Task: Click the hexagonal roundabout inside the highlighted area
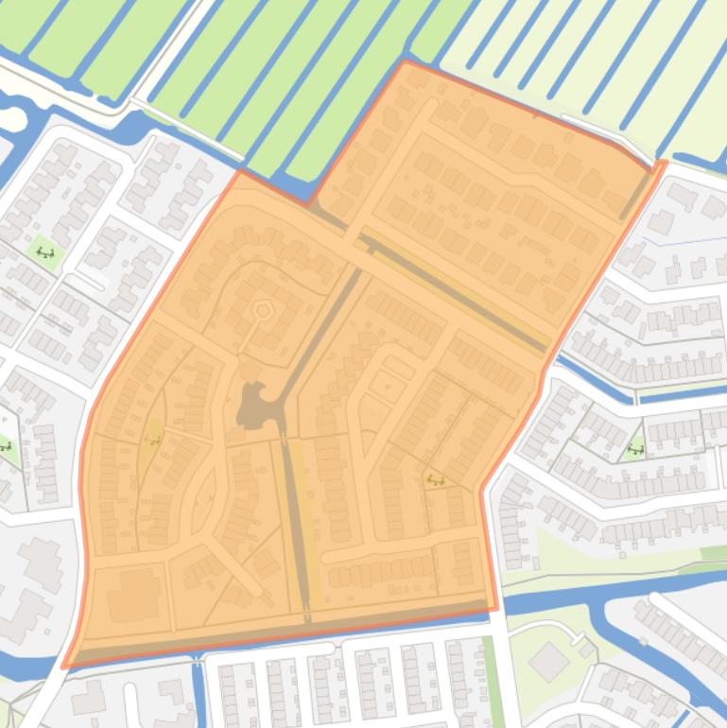(262, 310)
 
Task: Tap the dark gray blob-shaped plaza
(253, 406)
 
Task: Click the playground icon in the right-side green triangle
(636, 450)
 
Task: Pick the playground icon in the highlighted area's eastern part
(435, 479)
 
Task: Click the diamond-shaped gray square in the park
(548, 662)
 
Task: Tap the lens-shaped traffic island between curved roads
(200, 500)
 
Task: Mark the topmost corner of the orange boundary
(405, 61)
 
